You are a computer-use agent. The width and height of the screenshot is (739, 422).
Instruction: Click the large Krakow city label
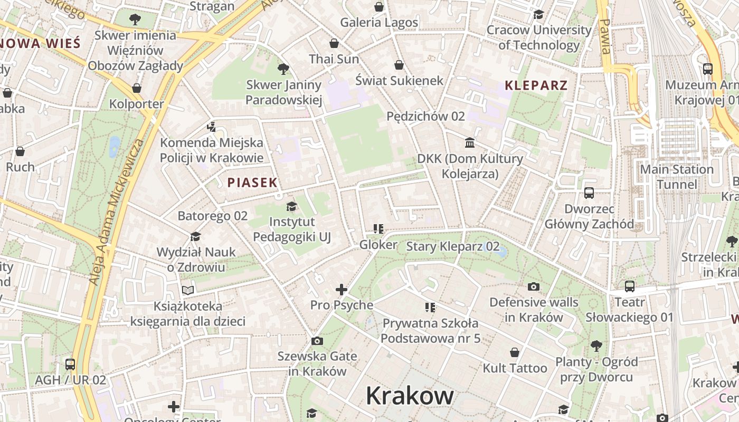(410, 395)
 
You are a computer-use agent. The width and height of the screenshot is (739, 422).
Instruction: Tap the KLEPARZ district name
(536, 85)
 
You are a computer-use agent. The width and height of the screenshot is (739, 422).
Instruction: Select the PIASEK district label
(252, 183)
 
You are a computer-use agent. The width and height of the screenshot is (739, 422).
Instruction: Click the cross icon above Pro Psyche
(342, 290)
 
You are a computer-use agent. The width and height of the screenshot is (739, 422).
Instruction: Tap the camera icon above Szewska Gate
(317, 341)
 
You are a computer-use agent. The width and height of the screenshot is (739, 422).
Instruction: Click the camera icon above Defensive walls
(534, 287)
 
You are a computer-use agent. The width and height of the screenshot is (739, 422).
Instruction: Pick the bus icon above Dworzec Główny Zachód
(589, 193)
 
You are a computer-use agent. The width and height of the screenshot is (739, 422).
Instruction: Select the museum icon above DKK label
(470, 143)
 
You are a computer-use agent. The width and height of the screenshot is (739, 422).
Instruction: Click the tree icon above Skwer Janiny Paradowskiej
(283, 69)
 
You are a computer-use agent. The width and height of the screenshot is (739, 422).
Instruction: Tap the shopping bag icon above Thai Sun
(334, 43)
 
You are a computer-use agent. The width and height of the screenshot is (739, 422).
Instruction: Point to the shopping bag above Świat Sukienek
(399, 65)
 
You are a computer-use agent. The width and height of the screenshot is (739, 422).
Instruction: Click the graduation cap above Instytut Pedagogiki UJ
(291, 206)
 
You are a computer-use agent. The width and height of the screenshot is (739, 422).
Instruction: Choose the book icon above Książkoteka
(188, 290)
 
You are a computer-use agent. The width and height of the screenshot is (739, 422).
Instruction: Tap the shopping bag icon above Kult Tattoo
(515, 352)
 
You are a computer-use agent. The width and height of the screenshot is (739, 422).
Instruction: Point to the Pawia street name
(605, 37)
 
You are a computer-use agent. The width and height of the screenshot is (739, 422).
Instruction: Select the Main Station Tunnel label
(676, 177)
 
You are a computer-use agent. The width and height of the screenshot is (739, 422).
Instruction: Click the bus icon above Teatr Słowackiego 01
(630, 286)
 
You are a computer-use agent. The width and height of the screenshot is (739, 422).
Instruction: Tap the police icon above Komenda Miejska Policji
(211, 127)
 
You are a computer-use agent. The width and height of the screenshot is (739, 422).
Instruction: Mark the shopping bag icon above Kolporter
(137, 88)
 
